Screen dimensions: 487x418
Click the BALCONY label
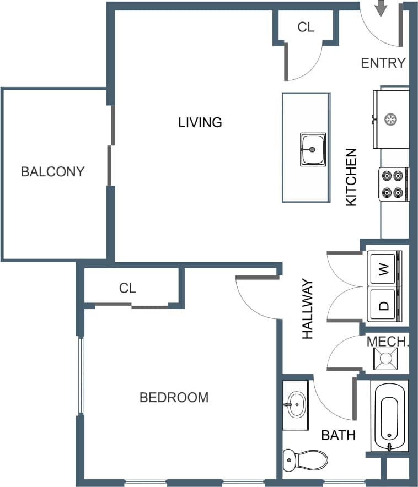click(x=52, y=171)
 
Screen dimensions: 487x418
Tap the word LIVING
click(x=200, y=122)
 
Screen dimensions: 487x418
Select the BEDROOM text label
click(x=174, y=397)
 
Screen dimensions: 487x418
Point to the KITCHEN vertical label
click(x=351, y=177)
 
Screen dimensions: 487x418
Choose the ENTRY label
click(x=383, y=63)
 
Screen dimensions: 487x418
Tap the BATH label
click(x=338, y=435)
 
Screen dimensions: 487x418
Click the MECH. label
click(x=388, y=342)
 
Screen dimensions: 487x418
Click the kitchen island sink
click(x=313, y=149)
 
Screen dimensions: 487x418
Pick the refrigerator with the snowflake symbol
click(x=392, y=119)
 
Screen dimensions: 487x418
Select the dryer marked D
click(x=384, y=304)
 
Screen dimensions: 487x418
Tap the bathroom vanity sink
click(x=296, y=405)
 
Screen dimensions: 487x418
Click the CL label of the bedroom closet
click(x=127, y=288)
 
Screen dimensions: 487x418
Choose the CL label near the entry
click(x=306, y=27)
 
